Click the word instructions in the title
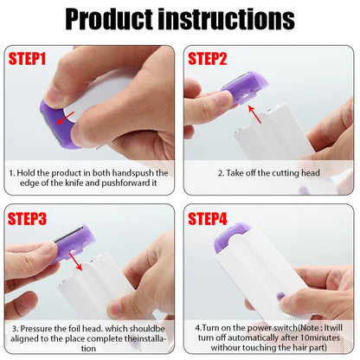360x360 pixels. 235,19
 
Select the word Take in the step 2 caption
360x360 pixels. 238,173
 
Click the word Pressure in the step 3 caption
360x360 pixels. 38,329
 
